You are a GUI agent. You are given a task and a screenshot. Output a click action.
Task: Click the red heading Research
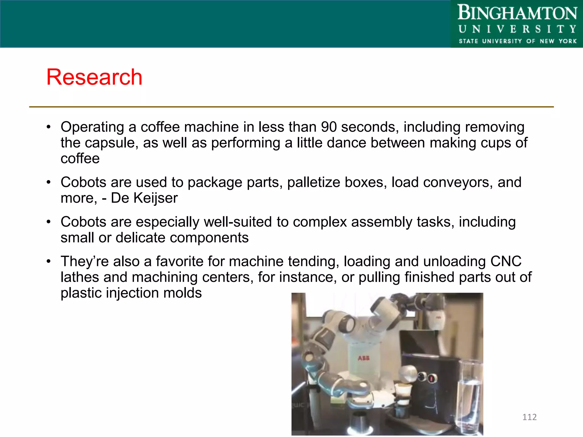[94, 77]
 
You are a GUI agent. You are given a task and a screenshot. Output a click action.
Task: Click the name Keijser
[155, 198]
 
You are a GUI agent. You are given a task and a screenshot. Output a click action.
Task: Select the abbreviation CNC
[506, 261]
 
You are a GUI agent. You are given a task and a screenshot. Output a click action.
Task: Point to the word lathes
[80, 277]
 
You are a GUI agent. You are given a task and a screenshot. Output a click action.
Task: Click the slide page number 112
[529, 417]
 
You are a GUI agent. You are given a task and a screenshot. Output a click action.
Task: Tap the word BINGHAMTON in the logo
[517, 13]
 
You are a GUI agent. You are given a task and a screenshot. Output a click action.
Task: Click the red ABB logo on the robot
[364, 358]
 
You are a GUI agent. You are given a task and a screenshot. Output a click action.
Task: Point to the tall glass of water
[469, 395]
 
